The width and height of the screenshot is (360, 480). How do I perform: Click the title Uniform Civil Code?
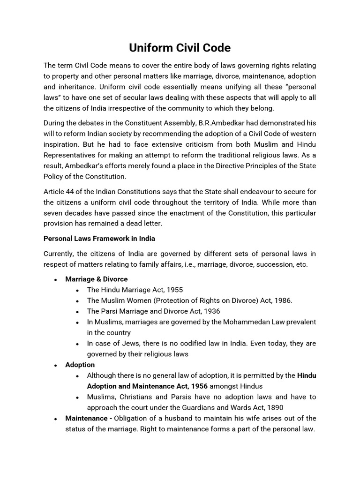tap(180, 48)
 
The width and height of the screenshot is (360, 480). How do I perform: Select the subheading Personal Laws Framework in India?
tap(99, 238)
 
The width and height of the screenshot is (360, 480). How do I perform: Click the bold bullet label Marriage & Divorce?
tap(96, 279)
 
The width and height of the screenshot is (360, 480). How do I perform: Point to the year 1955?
tap(174, 290)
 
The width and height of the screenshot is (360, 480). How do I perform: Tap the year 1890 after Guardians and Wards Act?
tap(274, 407)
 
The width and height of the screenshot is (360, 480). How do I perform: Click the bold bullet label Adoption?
tap(80, 365)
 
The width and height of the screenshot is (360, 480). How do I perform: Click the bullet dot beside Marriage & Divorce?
tap(56, 279)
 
